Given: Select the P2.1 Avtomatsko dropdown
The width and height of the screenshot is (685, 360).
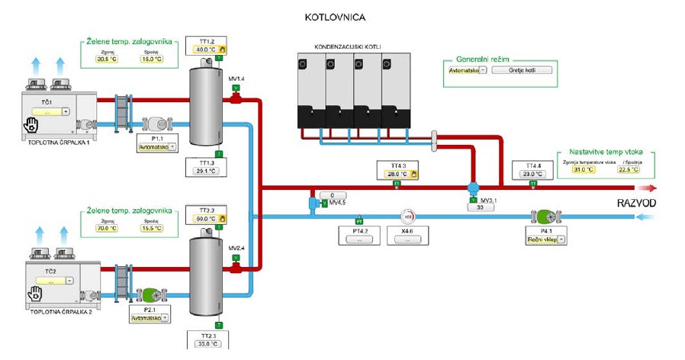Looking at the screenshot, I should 151,317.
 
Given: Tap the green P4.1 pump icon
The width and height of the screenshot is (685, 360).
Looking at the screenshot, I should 547,217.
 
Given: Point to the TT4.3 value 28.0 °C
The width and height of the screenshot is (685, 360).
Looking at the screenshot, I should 397,174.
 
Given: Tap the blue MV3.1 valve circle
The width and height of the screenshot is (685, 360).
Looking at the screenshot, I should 472,188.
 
